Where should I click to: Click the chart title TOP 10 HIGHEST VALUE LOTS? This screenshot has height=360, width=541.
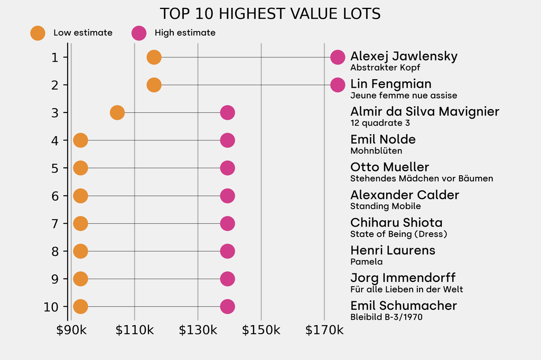(x=270, y=14)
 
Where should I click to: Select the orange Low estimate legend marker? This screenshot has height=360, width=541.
(x=38, y=33)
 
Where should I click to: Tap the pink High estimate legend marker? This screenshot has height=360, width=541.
(x=139, y=33)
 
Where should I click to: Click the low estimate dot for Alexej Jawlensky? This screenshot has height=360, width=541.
(x=154, y=57)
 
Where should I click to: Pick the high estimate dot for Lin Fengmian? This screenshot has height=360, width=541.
(x=338, y=84)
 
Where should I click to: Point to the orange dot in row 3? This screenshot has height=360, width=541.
(x=117, y=112)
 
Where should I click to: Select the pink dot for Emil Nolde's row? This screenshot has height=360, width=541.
(x=227, y=140)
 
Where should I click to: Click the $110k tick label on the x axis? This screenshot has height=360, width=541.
(x=135, y=330)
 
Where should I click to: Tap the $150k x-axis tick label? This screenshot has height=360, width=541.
(x=261, y=330)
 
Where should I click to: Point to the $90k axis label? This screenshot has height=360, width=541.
(x=71, y=330)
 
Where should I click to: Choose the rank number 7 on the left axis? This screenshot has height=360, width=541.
(x=55, y=223)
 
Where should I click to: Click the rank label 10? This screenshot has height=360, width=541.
(x=52, y=307)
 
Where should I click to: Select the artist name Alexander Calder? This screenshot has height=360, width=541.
(x=405, y=195)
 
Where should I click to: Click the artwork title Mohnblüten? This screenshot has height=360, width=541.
(x=376, y=151)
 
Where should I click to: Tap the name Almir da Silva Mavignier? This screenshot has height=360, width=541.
(x=425, y=111)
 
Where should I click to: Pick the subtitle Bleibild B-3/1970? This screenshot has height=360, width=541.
(x=386, y=317)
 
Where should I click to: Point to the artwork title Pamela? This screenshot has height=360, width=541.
(x=366, y=262)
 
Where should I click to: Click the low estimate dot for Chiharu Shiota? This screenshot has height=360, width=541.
(x=80, y=223)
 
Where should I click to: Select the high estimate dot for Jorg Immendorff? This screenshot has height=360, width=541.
(x=227, y=279)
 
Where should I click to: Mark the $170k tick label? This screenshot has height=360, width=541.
(x=324, y=330)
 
